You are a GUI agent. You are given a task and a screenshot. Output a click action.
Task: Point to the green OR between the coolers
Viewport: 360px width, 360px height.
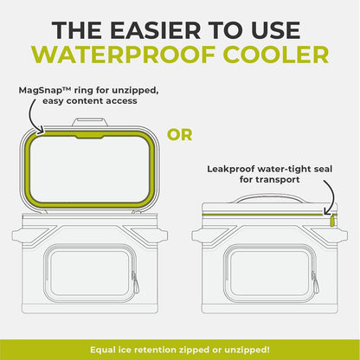180,135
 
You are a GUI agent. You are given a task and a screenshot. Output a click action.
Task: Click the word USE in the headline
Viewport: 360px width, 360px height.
274,29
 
